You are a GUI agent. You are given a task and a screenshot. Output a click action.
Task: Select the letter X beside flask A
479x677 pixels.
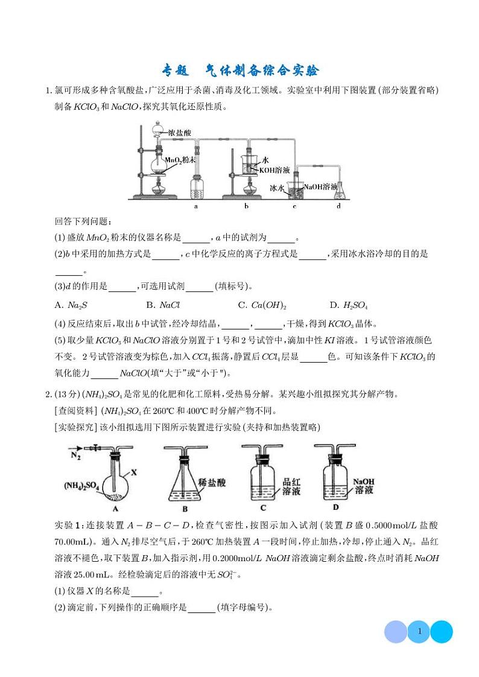click(x=135, y=467)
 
